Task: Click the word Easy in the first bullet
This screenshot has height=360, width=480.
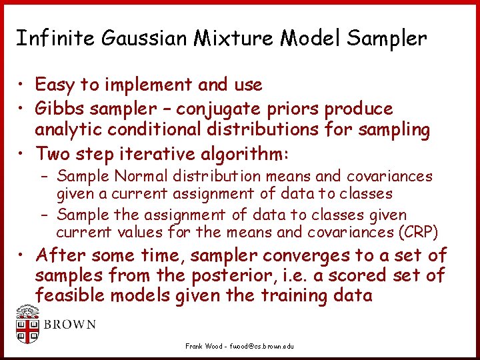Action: pos(55,85)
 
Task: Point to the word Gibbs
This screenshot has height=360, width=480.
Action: pos(59,108)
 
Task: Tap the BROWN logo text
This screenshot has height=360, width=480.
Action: pos(69,325)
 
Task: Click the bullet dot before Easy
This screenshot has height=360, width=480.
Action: pos(22,85)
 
